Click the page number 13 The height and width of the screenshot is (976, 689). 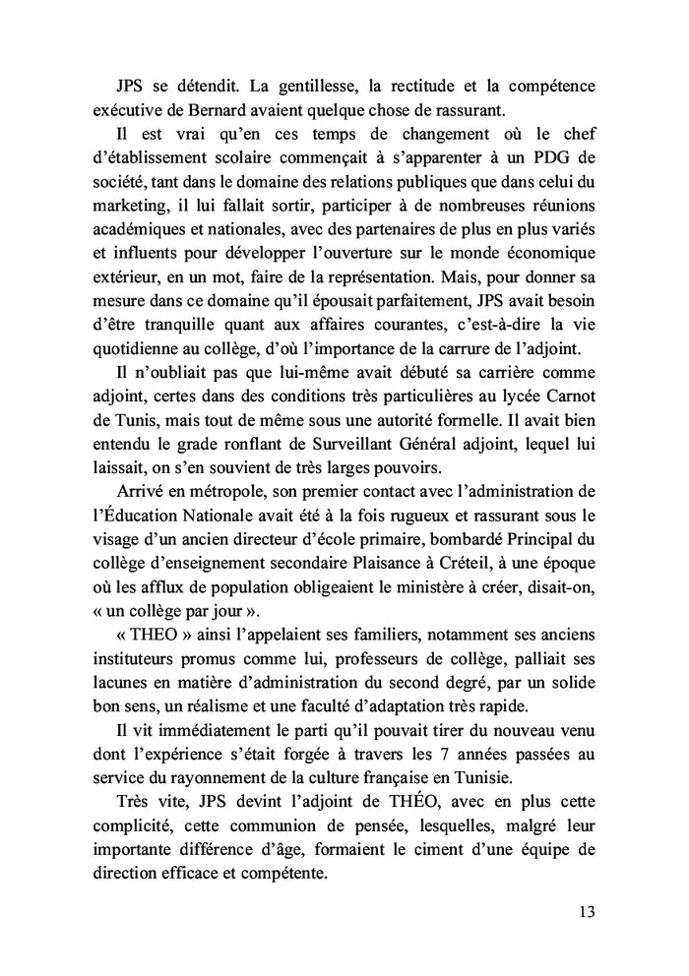tap(587, 910)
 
